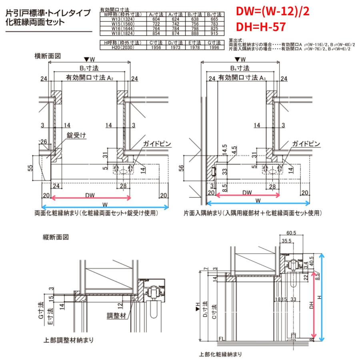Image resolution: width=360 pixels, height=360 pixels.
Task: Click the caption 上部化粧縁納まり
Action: pyautogui.click(x=220, y=354)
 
